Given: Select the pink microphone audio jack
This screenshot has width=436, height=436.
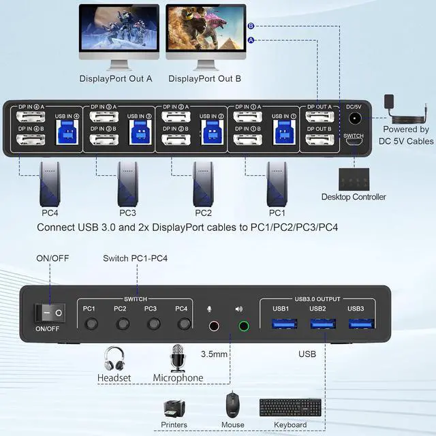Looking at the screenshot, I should [215, 326].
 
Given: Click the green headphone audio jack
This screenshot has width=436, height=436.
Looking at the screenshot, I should [243, 326].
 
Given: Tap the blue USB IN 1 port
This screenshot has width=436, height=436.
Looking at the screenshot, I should [280, 134].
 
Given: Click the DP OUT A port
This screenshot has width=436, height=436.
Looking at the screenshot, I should [319, 117].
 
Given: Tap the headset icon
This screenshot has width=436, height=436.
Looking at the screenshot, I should [114, 359].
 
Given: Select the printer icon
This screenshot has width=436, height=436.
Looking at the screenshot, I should [174, 408].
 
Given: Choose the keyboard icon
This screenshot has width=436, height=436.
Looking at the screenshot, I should [290, 408].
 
